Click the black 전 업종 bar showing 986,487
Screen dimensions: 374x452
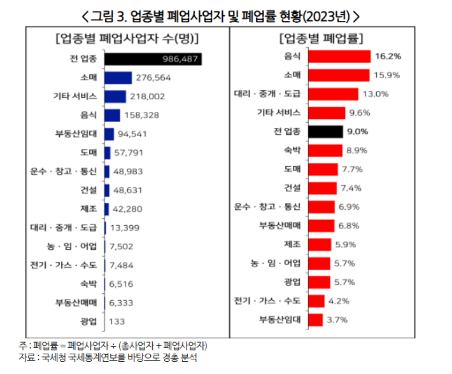(153, 59)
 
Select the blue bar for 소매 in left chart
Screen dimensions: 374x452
(118, 78)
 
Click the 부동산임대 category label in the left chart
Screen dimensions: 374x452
(76, 134)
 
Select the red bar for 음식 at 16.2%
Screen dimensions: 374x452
(339, 57)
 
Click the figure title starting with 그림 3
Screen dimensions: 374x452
(226, 14)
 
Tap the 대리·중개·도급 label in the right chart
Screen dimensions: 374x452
(271, 94)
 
